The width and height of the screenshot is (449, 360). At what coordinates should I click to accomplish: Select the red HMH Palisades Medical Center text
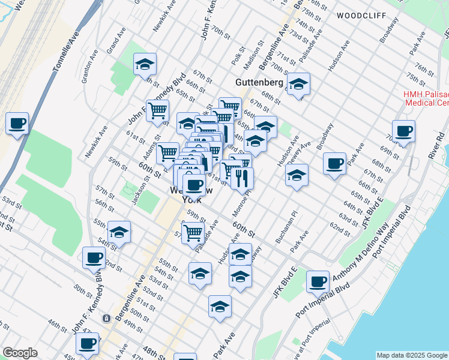[426, 98]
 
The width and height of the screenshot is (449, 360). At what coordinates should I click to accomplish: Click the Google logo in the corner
[20, 353]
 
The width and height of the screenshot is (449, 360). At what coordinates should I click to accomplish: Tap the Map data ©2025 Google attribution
[411, 355]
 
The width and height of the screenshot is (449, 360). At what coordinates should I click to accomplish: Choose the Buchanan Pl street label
[286, 226]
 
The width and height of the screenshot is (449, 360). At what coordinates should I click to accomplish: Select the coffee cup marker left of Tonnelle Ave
[17, 124]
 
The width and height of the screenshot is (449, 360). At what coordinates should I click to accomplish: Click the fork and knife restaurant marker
[242, 178]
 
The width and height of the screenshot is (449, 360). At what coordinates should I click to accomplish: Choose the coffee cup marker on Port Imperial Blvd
[318, 281]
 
